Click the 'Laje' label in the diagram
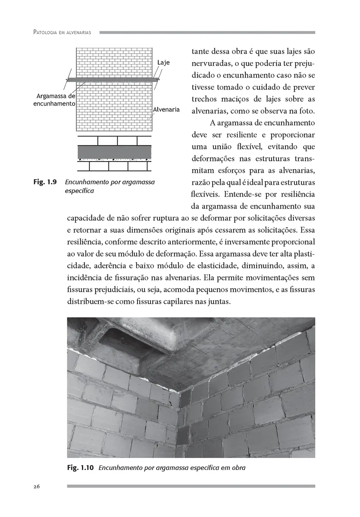163,62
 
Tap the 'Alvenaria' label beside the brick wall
166,110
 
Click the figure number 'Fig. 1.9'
45,182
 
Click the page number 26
37,486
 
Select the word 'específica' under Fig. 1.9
79,190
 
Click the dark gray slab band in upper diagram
114,80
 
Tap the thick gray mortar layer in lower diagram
114,152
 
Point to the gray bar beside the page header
207,33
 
